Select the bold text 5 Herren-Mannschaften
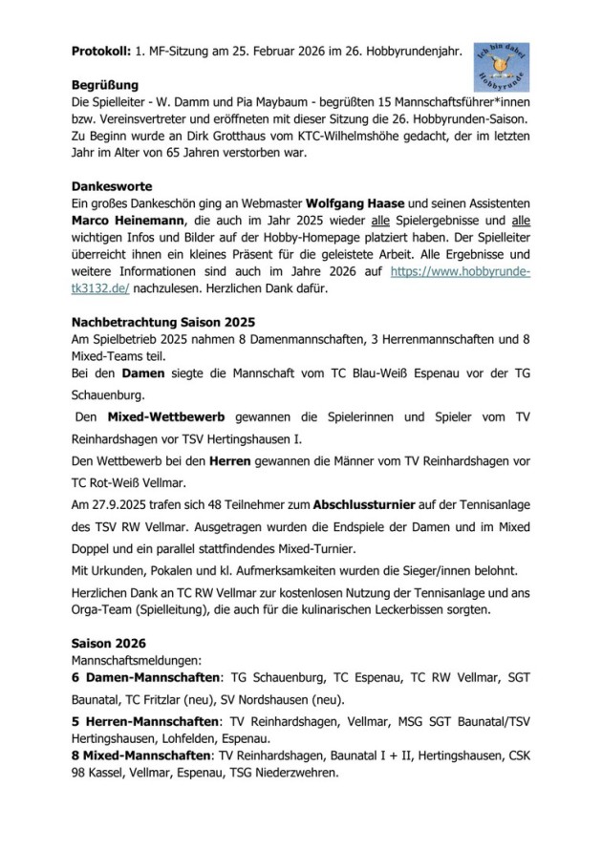pyautogui.click(x=145, y=721)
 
